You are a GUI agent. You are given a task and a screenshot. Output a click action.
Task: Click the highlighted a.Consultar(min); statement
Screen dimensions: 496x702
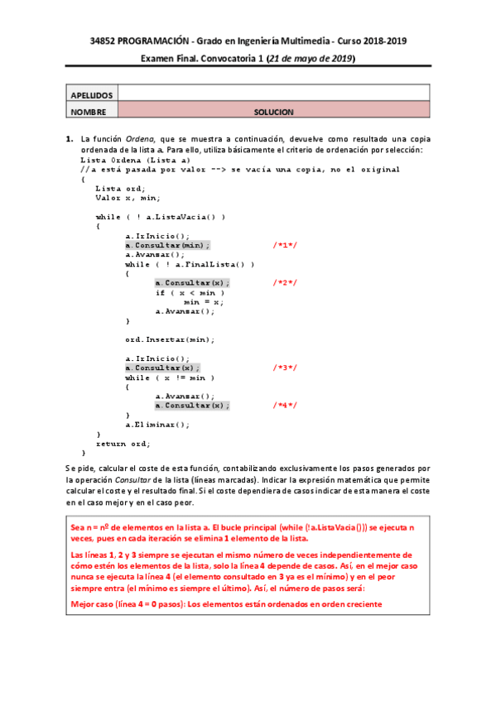tap(167, 246)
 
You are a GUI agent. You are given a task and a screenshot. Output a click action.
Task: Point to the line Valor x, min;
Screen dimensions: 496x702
tap(128, 198)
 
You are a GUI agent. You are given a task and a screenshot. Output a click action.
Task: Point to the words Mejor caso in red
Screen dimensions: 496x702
tap(94, 603)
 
